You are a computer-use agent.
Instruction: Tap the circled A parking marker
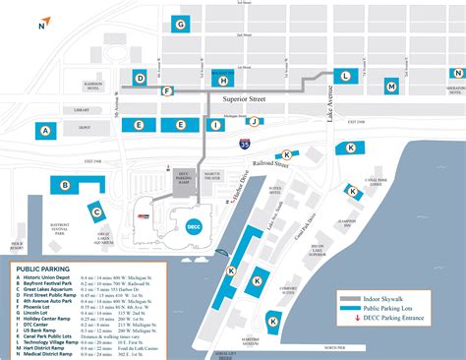click(x=44, y=130)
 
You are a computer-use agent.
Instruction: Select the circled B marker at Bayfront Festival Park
click(x=65, y=184)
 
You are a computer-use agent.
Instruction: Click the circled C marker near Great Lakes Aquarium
click(x=95, y=210)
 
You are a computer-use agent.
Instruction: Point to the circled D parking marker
click(x=141, y=78)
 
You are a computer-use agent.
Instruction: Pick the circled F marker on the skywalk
click(x=168, y=90)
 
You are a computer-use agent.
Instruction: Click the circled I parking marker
click(x=215, y=125)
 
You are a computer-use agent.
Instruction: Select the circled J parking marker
click(x=254, y=122)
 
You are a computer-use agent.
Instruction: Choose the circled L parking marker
click(x=345, y=75)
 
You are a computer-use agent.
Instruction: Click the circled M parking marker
click(x=391, y=87)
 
